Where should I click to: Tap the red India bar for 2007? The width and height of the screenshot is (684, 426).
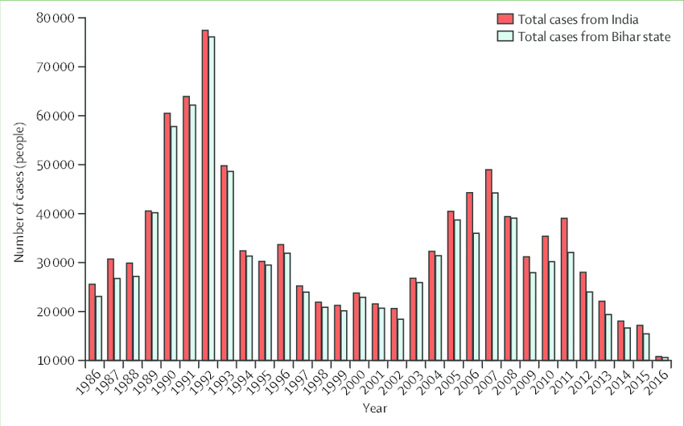[x=489, y=265]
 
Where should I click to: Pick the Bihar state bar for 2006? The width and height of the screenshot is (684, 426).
[x=476, y=297]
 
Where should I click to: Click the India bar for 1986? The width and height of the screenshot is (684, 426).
[x=92, y=322]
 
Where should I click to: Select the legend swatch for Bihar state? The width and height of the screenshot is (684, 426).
[x=505, y=37]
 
